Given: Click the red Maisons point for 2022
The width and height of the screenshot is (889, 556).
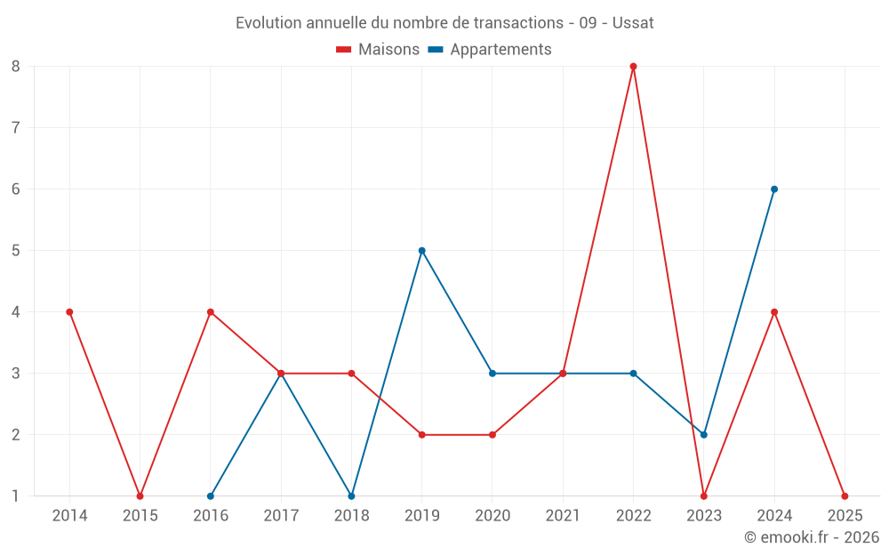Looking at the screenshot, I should click(x=633, y=66).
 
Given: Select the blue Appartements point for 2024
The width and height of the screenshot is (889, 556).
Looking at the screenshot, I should click(x=774, y=189).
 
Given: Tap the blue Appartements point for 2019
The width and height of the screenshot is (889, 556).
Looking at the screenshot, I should click(x=421, y=250).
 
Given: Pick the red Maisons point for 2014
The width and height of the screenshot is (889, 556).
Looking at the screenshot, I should click(x=69, y=311).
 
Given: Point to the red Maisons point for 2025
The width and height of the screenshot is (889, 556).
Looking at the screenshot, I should click(x=845, y=496).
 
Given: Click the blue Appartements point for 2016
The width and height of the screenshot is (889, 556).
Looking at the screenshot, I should click(x=211, y=496).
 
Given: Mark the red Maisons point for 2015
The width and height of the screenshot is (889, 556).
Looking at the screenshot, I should click(x=140, y=496).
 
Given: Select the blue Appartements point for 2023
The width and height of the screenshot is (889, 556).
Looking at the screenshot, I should click(x=703, y=434).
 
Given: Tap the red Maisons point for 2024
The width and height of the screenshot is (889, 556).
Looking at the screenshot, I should click(x=774, y=311).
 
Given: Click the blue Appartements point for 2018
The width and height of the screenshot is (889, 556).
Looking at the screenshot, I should click(x=351, y=496).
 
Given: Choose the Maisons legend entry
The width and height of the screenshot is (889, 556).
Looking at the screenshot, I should click(x=378, y=50).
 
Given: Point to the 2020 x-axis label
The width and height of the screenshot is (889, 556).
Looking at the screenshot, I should click(x=493, y=515).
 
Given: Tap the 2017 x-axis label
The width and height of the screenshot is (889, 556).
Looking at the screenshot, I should click(x=281, y=515).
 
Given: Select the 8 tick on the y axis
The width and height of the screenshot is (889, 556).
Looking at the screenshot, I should click(x=16, y=66).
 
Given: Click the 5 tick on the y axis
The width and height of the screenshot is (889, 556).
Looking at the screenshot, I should click(x=16, y=250).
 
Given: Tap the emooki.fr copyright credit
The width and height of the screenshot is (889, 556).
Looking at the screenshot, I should click(x=812, y=537).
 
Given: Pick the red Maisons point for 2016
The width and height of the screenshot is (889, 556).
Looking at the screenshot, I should click(x=211, y=311).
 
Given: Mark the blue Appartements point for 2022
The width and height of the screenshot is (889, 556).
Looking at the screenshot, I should click(x=633, y=373).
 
